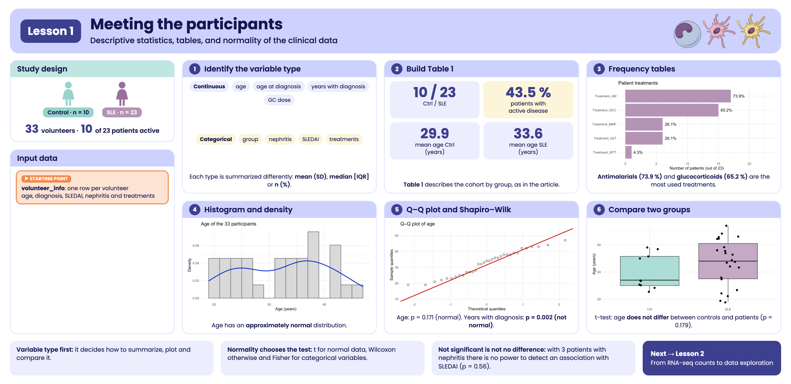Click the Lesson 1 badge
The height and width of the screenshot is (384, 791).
[x=51, y=31]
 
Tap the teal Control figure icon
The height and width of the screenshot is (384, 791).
[x=68, y=94]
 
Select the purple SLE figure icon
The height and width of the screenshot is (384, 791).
[x=122, y=94]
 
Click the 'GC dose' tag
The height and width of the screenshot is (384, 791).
[x=279, y=100]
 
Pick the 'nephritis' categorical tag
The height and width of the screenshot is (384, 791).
[x=280, y=139]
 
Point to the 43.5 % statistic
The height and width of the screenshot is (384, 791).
[x=528, y=92]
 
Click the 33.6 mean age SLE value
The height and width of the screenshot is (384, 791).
[x=528, y=133]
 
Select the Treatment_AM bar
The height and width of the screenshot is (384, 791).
[x=678, y=96]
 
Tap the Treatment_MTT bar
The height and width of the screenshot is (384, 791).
[x=629, y=152]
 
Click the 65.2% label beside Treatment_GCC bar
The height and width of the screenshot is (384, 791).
[x=726, y=110]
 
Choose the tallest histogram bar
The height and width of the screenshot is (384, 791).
[x=313, y=265]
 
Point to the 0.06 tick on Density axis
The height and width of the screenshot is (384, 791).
[x=196, y=246]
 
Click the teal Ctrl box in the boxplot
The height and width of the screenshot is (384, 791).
[x=650, y=271]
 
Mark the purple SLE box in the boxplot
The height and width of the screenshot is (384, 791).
[x=728, y=261]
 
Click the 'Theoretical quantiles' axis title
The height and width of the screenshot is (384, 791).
[x=486, y=309]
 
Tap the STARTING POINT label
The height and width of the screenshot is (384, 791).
[x=46, y=179]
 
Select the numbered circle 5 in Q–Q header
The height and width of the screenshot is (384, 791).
[x=397, y=210]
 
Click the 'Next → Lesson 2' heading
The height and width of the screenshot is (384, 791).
[x=677, y=354]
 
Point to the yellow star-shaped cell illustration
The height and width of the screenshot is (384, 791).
[x=753, y=31]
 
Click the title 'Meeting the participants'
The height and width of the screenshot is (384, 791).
[x=186, y=24]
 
